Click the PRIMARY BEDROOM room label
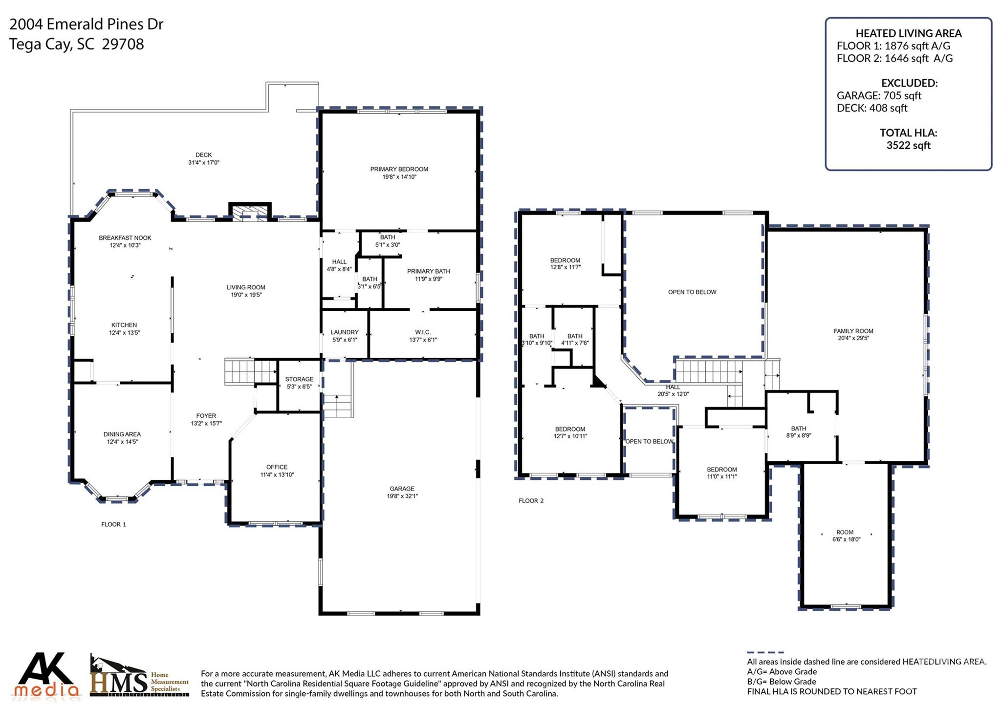pyautogui.click(x=399, y=173)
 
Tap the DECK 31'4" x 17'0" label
pyautogui.click(x=203, y=159)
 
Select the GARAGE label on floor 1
pyautogui.click(x=402, y=492)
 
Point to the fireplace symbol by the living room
pyautogui.click(x=250, y=212)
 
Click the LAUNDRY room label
pyautogui.click(x=344, y=336)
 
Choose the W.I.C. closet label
pyautogui.click(x=422, y=336)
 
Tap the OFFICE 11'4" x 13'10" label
pyautogui.click(x=277, y=471)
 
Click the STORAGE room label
pyautogui.click(x=299, y=383)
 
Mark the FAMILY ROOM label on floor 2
pyautogui.click(x=853, y=334)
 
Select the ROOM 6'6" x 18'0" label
pyautogui.click(x=846, y=536)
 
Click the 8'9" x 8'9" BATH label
pyautogui.click(x=798, y=431)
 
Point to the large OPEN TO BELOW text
pyautogui.click(x=692, y=292)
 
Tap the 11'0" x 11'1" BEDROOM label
pyautogui.click(x=721, y=472)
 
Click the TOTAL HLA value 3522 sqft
pyautogui.click(x=908, y=145)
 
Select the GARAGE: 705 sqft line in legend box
pyautogui.click(x=878, y=96)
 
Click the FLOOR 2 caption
pyautogui.click(x=531, y=501)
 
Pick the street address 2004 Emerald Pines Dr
pyautogui.click(x=87, y=24)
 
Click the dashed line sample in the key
pyautogui.click(x=765, y=652)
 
